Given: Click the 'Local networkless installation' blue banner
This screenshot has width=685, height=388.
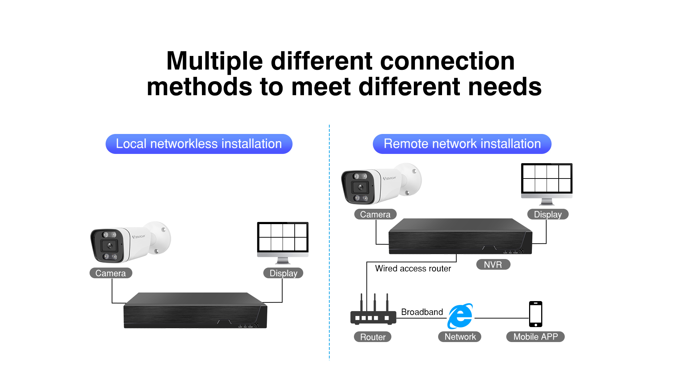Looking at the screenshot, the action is point(199,144).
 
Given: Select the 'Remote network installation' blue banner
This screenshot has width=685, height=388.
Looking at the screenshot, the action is point(462,144).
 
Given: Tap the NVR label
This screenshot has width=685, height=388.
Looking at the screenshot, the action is point(493,264).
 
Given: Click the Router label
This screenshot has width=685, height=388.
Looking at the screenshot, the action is point(373,337).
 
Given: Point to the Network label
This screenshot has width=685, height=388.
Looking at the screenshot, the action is point(460,337).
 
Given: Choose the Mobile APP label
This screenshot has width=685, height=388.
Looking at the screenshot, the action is point(536,337).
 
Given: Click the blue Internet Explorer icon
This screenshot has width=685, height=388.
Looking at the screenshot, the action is point(460,316).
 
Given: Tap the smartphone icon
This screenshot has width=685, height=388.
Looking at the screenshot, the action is point(536,314).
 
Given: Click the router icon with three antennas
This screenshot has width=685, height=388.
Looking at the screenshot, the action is point(374,309).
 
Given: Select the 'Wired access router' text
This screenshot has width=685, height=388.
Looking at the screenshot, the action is point(413,268).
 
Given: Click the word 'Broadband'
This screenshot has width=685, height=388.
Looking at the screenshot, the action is point(422,312).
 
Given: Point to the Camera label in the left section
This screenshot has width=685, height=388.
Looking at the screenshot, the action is point(111,273).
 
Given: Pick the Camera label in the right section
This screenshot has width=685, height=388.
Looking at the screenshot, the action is point(375,214).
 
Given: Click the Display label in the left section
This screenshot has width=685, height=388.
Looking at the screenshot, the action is point(283,273).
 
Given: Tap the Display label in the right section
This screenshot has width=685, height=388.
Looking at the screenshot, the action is point(548,214).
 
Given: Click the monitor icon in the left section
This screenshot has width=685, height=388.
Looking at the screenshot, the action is point(283,243).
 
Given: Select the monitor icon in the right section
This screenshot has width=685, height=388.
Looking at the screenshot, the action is point(547,184).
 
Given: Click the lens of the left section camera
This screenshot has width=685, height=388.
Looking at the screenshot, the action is point(110,245).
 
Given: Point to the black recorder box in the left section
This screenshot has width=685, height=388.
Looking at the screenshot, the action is point(196,310).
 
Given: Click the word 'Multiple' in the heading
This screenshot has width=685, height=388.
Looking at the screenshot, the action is point(215,61).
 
